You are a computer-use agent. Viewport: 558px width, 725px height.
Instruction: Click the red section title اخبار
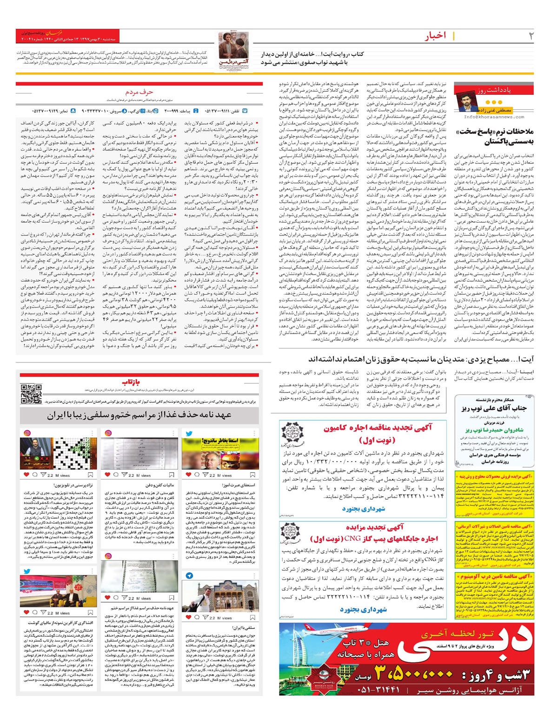pyautogui.click(x=435, y=36)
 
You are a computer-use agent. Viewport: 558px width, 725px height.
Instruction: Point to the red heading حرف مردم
pyautogui.click(x=139, y=92)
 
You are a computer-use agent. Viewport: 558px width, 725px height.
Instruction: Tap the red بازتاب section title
pyautogui.click(x=132, y=382)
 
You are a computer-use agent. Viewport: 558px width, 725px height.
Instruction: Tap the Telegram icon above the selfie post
pyautogui.click(x=189, y=576)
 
